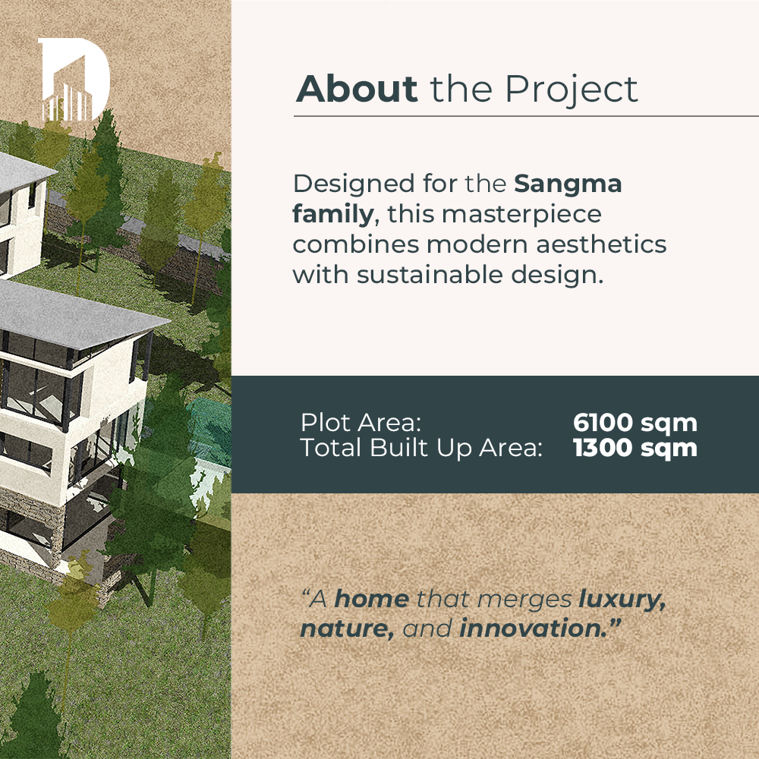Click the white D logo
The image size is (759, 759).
tap(74, 78)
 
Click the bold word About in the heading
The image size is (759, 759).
tap(357, 89)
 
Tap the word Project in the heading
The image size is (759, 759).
tap(572, 90)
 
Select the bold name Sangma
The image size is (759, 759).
tap(568, 184)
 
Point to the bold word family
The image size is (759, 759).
tap(333, 215)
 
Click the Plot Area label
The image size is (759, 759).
tap(361, 423)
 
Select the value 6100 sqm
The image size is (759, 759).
tap(635, 423)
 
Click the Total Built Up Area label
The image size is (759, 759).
tap(421, 448)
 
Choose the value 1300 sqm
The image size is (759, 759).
tap(635, 449)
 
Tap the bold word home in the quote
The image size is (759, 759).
tap(372, 599)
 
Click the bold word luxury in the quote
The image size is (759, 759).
tap(622, 600)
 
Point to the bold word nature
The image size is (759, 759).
tap(347, 628)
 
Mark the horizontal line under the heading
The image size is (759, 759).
tap(526, 116)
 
